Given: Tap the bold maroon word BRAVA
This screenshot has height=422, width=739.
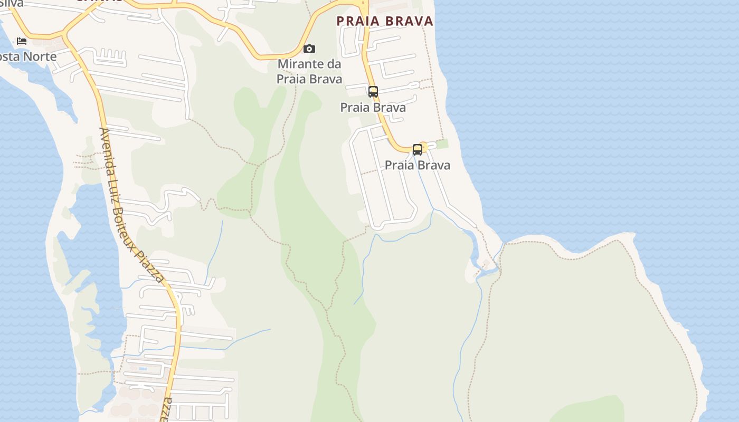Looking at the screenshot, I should click(409, 21).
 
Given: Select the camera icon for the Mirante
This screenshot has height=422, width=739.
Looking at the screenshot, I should click(309, 49).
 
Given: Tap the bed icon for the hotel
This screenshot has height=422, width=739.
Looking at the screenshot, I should click(22, 41).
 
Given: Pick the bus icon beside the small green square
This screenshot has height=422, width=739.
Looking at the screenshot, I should click(418, 150).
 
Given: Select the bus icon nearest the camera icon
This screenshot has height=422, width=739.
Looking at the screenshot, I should click(373, 92).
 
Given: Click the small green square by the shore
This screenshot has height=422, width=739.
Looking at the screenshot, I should click(442, 143).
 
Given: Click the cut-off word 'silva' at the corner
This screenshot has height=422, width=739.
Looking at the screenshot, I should click(12, 3).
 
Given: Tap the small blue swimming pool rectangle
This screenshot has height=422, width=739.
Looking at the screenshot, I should click(143, 369).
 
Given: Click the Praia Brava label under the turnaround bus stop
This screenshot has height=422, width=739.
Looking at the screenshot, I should click(418, 165).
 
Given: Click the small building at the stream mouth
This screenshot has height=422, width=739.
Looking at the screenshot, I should click(486, 263).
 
